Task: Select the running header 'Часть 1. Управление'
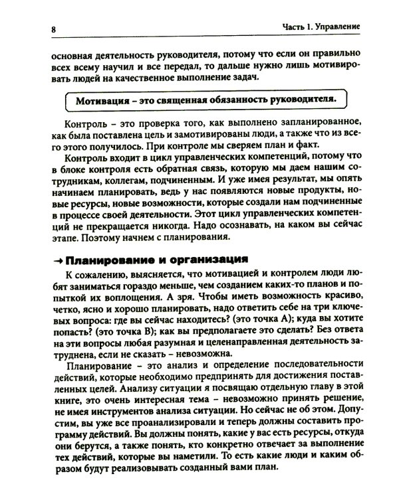[x=321, y=27]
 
